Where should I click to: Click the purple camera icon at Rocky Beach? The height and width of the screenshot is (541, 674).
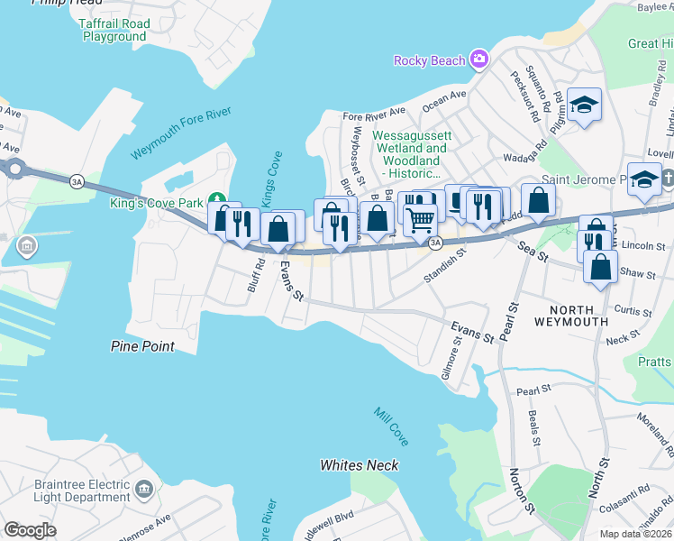tap(478, 60)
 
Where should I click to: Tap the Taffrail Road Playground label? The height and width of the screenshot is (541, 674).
tap(114, 31)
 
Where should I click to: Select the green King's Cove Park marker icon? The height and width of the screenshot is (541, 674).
tap(216, 200)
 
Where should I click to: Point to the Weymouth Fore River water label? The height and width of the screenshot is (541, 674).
tap(181, 133)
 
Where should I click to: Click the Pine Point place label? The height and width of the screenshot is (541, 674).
tap(142, 346)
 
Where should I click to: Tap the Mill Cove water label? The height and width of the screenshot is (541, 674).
tap(392, 426)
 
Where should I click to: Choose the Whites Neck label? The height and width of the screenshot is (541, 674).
tap(359, 465)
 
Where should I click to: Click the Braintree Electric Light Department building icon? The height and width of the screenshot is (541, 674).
tap(143, 491)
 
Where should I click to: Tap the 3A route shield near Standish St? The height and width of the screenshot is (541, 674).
tap(435, 243)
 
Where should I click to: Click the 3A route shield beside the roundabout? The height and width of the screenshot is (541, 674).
tap(77, 182)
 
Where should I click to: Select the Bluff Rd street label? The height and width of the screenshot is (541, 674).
tap(260, 271)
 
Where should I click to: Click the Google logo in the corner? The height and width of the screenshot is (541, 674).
tap(30, 530)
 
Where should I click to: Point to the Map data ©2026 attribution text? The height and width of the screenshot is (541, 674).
tap(635, 534)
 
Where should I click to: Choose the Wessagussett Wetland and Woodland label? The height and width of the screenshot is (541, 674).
tap(410, 154)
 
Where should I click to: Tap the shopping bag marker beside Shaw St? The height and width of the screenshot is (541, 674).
tap(600, 267)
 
